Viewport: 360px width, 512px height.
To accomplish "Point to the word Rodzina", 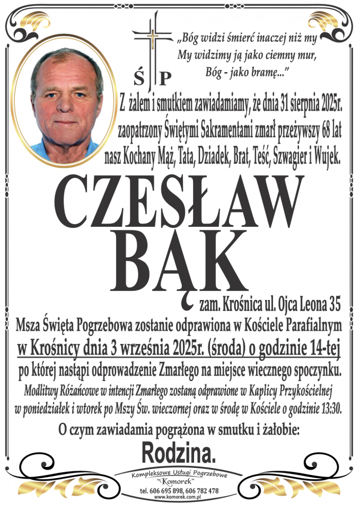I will tap(179, 452).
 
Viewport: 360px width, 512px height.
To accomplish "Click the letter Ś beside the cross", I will tap(139, 78).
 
